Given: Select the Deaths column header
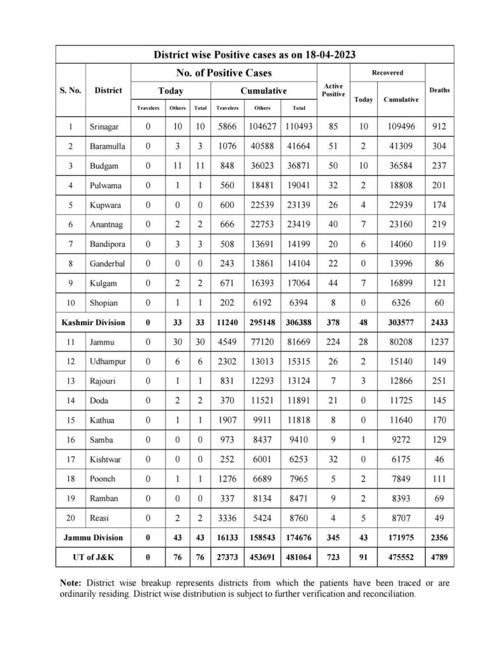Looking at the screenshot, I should (x=439, y=90).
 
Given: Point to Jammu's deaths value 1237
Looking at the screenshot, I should (x=439, y=342).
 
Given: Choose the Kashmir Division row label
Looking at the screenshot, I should (x=94, y=323).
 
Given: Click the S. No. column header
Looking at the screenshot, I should (x=70, y=90).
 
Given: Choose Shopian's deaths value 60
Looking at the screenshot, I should (x=439, y=302).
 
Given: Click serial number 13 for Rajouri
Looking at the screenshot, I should (x=70, y=381).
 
